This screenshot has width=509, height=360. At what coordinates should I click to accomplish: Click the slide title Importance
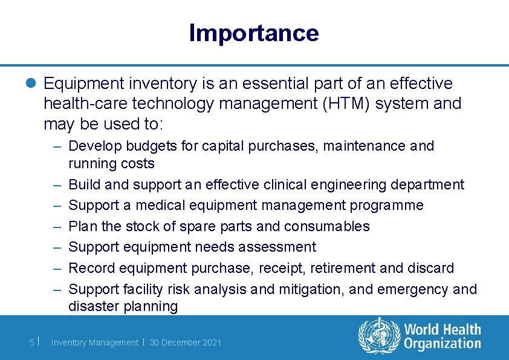(x=253, y=33)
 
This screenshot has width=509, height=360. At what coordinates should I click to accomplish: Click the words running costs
(x=111, y=163)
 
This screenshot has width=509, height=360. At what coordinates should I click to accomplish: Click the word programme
(x=386, y=205)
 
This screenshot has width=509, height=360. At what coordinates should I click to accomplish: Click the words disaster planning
(x=123, y=306)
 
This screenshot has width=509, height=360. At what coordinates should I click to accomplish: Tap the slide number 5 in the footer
(x=32, y=342)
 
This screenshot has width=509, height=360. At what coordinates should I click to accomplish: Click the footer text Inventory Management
(x=94, y=342)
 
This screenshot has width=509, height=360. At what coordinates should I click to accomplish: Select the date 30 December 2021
(x=185, y=342)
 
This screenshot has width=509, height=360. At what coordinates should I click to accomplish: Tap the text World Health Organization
(x=442, y=336)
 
